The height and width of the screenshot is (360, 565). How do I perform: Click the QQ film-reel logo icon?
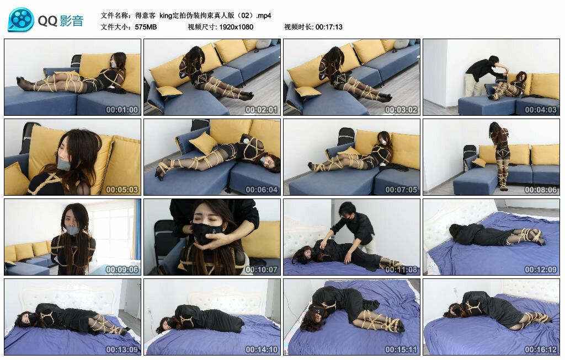point(21,20)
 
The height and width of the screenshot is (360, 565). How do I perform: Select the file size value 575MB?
point(146,27)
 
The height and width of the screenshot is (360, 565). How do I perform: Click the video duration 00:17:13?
point(329,27)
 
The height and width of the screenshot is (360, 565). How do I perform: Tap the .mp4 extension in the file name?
point(262,15)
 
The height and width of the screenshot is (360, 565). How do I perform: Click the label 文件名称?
point(115,15)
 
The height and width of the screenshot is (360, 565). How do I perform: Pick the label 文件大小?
point(115,27)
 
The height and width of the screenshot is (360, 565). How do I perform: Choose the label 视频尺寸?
point(201,27)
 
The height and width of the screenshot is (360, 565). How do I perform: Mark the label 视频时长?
point(298,27)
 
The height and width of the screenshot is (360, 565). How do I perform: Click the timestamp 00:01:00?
point(122,110)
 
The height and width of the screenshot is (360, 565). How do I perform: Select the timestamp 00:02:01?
point(262,110)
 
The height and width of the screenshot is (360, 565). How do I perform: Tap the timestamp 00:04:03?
point(541,110)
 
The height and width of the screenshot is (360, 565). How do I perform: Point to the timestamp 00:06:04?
point(262,190)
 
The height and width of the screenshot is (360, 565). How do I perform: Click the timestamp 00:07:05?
point(401,190)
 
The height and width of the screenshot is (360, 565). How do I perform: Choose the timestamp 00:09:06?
point(122,270)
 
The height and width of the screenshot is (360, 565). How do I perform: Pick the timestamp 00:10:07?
point(262,270)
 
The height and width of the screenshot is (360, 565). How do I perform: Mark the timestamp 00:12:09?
point(541,270)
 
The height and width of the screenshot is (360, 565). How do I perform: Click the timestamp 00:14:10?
point(262,350)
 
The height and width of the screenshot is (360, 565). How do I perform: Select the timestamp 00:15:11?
point(401,350)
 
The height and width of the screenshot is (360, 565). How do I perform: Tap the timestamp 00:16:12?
point(541,350)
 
